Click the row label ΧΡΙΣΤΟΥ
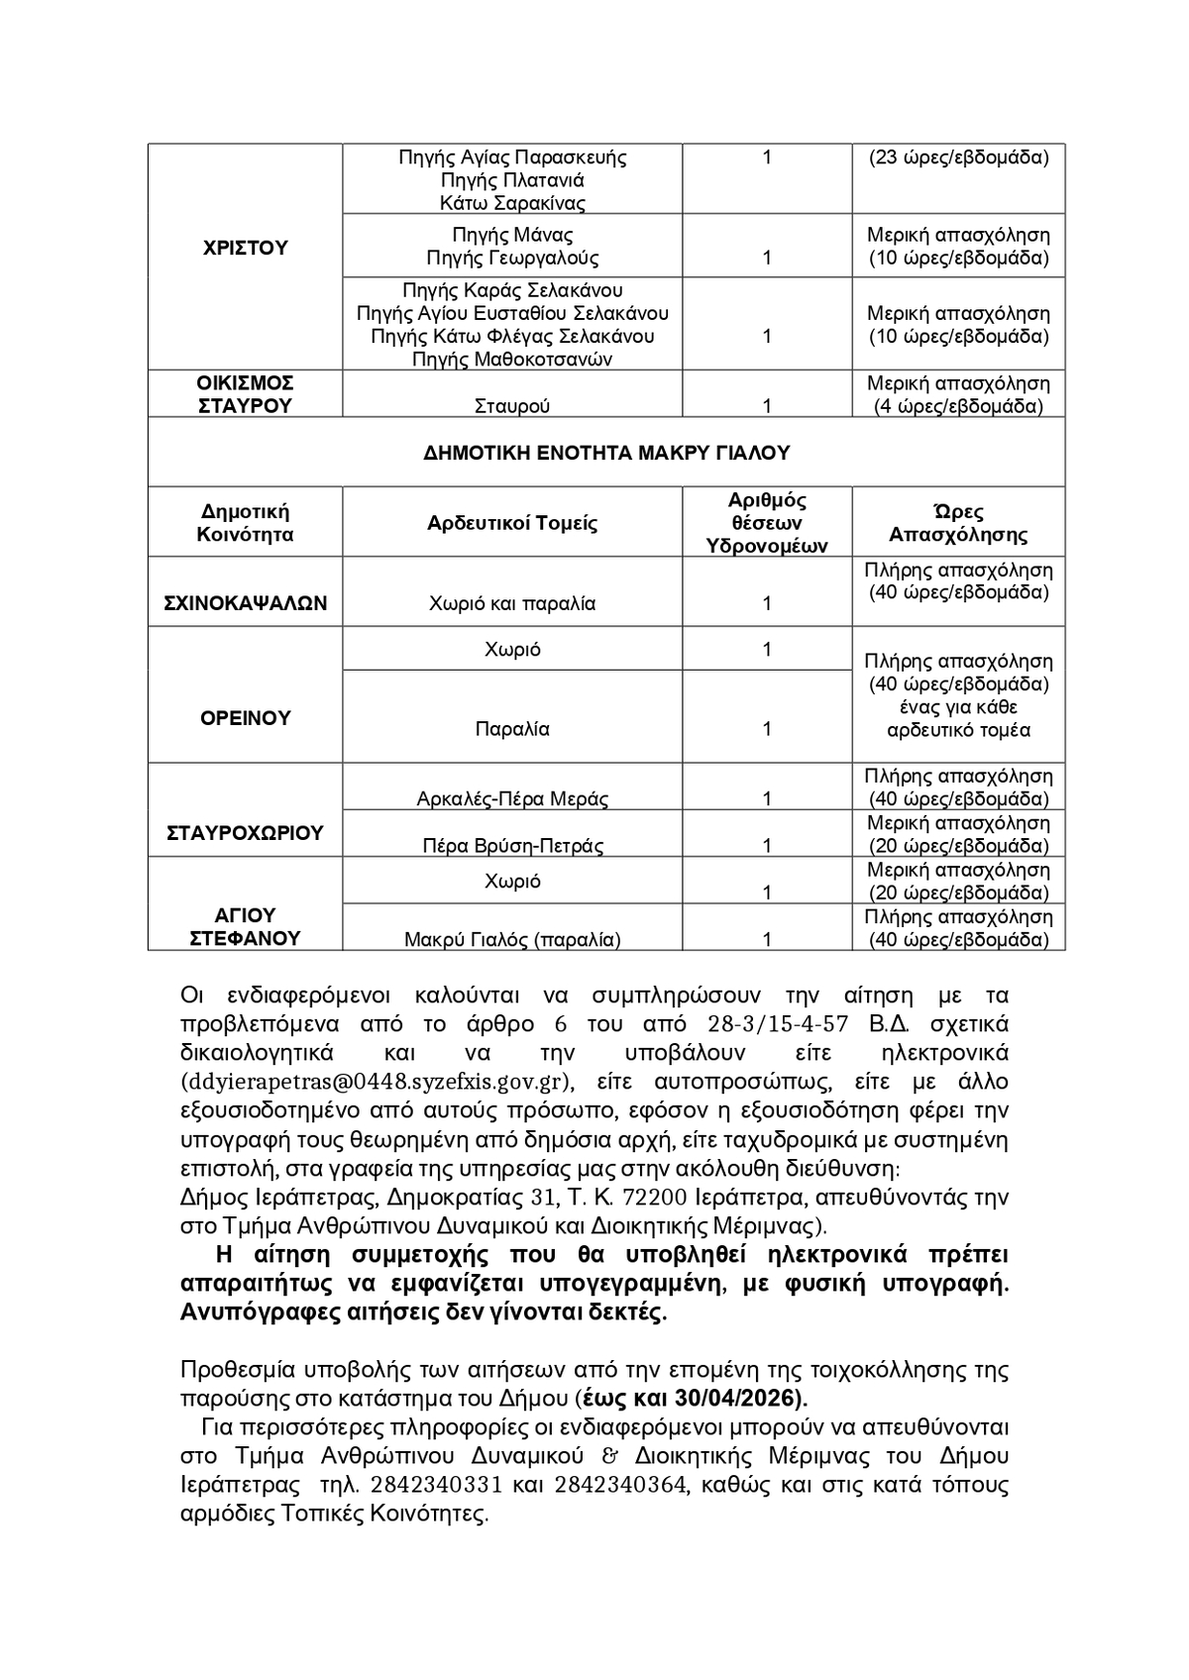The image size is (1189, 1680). coord(245,248)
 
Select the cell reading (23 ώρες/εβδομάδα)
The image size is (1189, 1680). coord(958,157)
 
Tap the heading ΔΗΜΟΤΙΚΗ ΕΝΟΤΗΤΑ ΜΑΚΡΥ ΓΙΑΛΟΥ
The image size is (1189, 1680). coord(606,453)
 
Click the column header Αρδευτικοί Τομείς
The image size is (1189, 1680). coord(512,523)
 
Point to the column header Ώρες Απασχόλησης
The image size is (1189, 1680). coord(958,523)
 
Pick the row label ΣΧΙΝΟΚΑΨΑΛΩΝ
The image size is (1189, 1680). coord(245,603)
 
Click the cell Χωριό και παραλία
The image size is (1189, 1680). coord(512,603)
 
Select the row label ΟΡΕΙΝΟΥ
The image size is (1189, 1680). coord(245,718)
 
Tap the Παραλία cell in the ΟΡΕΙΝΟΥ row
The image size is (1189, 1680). coord(512,729)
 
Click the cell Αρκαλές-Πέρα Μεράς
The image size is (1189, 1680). coord(512,798)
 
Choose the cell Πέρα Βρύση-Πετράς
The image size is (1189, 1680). coord(512,845)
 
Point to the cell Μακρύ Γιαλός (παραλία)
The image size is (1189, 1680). coord(512,939)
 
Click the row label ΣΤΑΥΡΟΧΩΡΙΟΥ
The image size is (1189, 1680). coord(245,833)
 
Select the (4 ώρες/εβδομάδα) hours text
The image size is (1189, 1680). coord(958,406)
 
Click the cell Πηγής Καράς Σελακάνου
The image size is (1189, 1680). coord(512,290)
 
